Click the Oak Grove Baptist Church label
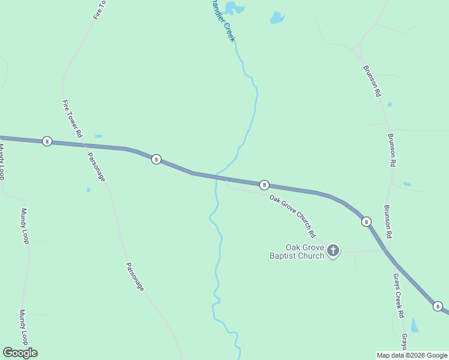point(305,251)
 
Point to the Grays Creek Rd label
point(399,296)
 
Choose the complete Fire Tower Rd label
point(71,119)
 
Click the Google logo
point(20,353)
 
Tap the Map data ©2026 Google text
point(412,355)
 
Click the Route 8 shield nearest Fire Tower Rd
point(47,142)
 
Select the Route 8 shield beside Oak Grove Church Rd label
point(264,185)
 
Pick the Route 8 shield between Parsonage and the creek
point(156,160)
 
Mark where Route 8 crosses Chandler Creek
point(220,178)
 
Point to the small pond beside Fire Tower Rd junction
point(98,136)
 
